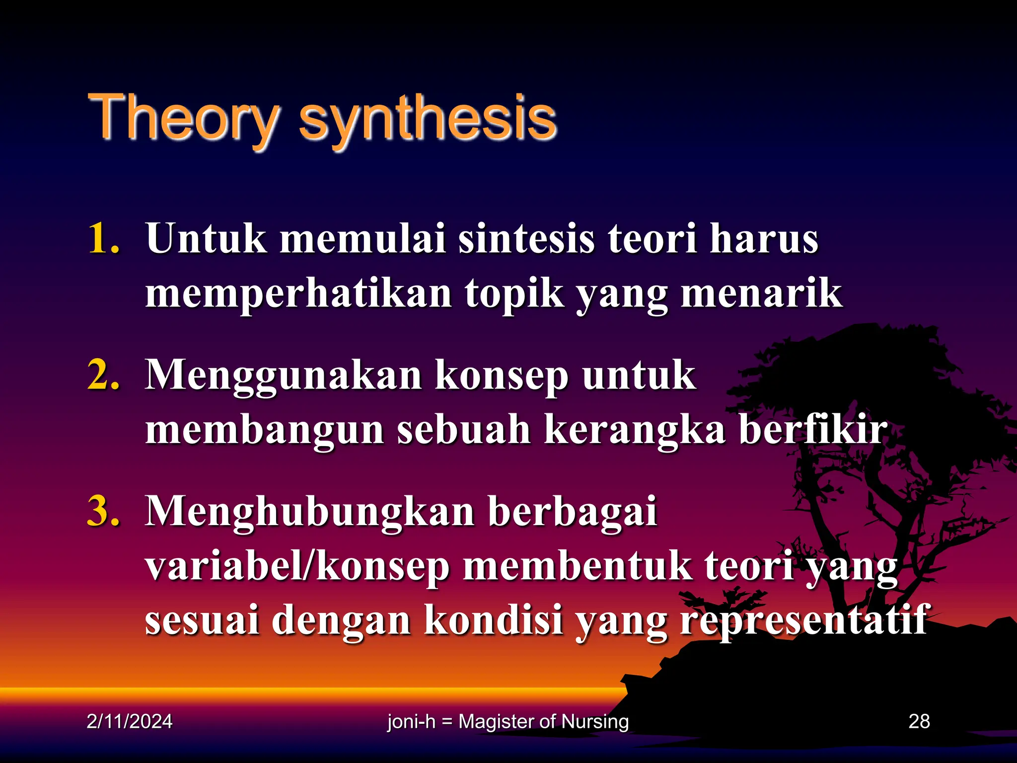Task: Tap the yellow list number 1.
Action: click(x=103, y=239)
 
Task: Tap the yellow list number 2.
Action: click(x=103, y=375)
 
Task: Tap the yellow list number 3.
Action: click(x=103, y=511)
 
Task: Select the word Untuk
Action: click(x=206, y=239)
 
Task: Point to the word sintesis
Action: click(x=526, y=239)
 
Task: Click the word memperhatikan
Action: click(x=298, y=294)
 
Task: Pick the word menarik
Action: click(x=761, y=294)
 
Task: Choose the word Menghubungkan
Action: click(x=310, y=512)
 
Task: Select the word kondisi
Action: click(x=494, y=621)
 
